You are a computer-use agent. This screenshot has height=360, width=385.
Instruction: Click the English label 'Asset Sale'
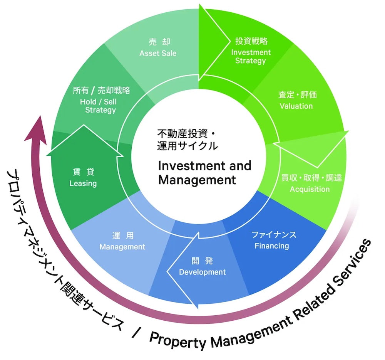click(x=158, y=53)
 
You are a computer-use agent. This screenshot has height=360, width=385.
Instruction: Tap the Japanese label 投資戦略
click(x=251, y=41)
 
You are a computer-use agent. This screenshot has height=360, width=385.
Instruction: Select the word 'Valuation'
click(x=296, y=106)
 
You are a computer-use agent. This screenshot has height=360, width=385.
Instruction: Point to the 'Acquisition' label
click(x=310, y=189)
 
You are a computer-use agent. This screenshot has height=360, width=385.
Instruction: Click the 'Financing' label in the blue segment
click(x=271, y=246)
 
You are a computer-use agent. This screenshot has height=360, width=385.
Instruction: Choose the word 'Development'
click(x=203, y=272)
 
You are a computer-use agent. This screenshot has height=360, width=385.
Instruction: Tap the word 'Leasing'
click(x=83, y=183)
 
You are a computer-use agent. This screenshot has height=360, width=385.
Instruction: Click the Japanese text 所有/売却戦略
click(x=101, y=91)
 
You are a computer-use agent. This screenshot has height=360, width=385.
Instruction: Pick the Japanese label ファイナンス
click(x=274, y=235)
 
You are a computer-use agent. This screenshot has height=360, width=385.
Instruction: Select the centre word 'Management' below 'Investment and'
click(x=197, y=180)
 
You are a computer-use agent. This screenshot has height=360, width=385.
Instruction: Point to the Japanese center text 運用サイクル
click(x=187, y=146)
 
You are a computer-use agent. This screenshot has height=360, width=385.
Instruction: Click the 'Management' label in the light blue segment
click(x=122, y=247)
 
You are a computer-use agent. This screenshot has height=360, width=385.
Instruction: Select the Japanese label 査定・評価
click(x=297, y=94)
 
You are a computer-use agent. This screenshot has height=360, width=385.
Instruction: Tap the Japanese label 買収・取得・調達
click(x=311, y=178)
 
